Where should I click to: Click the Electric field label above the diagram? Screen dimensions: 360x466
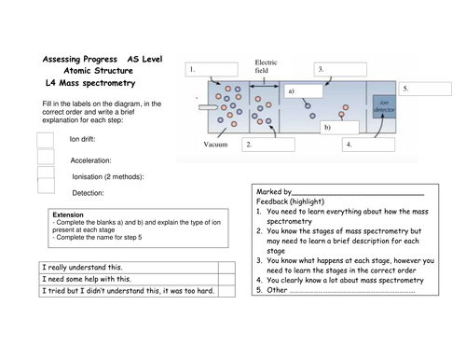(x=267, y=68)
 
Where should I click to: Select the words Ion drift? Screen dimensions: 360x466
(x=89, y=139)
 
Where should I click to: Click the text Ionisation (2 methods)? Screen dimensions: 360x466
(x=108, y=175)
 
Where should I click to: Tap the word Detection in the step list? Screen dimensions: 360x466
(x=89, y=193)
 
